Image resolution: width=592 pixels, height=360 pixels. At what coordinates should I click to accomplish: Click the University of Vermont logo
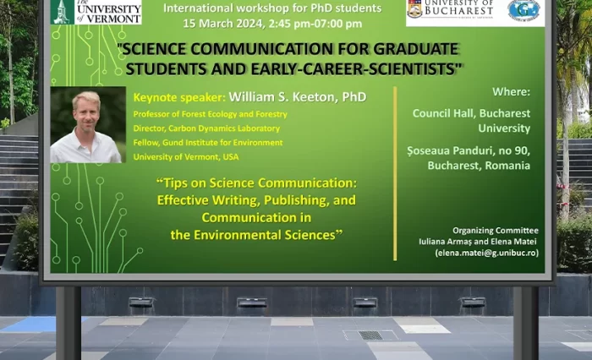pyautogui.click(x=96, y=11)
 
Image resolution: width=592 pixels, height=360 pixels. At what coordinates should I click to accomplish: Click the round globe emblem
pyautogui.click(x=523, y=10)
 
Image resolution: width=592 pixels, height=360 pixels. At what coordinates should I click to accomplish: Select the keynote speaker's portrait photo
pyautogui.click(x=87, y=125)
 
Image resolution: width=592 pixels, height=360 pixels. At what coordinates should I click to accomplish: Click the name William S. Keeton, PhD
pyautogui.click(x=297, y=97)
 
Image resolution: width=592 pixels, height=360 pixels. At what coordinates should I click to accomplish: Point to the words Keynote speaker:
pyautogui.click(x=178, y=97)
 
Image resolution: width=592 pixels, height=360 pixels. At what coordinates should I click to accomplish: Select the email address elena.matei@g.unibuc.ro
pyautogui.click(x=487, y=253)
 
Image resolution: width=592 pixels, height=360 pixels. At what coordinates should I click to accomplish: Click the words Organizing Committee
pyautogui.click(x=495, y=230)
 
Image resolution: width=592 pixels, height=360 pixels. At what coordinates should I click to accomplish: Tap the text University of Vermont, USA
pyautogui.click(x=186, y=156)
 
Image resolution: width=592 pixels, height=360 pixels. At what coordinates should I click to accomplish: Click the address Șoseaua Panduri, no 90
pyautogui.click(x=468, y=150)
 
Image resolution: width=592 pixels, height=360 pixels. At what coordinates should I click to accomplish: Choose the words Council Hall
pyautogui.click(x=442, y=113)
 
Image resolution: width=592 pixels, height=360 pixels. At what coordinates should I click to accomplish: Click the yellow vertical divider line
pyautogui.click(x=395, y=160)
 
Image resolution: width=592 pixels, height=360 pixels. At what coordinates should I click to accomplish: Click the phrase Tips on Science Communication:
pyautogui.click(x=257, y=182)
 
